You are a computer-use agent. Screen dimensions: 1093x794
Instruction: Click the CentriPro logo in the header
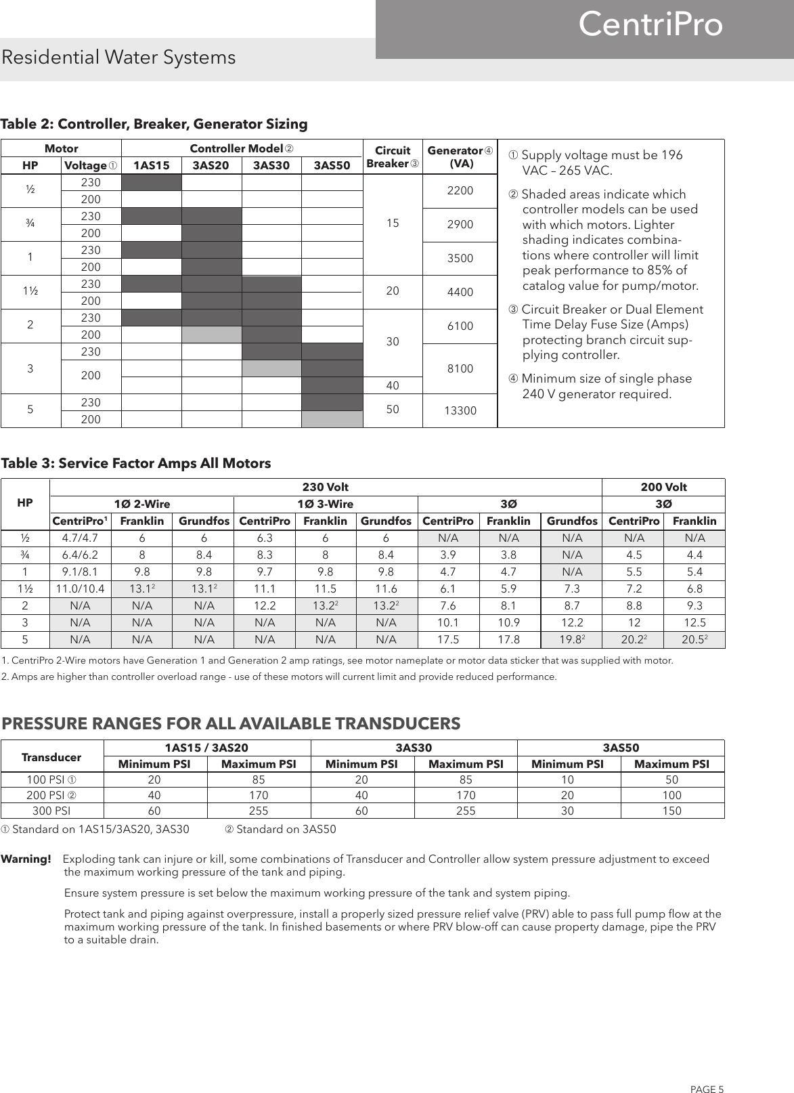coord(650,25)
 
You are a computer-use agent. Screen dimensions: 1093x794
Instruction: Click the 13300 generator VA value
coord(460,410)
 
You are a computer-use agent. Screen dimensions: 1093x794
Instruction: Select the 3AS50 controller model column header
coord(332,165)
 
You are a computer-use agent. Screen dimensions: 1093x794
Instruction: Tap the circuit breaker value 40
coord(393,385)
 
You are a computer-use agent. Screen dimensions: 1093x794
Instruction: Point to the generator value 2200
coord(460,191)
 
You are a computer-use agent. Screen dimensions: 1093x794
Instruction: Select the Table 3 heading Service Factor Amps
coord(135,463)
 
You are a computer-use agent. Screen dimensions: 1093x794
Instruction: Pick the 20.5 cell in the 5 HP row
coord(694,639)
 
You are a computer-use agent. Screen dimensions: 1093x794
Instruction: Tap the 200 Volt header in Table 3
coord(663,487)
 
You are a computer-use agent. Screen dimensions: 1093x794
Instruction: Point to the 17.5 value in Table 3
coord(448,639)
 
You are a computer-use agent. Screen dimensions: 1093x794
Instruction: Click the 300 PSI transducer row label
coord(53,811)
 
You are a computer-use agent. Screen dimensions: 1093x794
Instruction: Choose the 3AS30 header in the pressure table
coord(413,748)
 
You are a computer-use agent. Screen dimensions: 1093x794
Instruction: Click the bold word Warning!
coord(27,859)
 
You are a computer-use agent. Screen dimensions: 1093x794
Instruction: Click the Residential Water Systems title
coord(118,58)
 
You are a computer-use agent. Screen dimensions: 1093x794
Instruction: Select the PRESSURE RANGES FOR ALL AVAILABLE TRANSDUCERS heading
coord(231,724)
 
